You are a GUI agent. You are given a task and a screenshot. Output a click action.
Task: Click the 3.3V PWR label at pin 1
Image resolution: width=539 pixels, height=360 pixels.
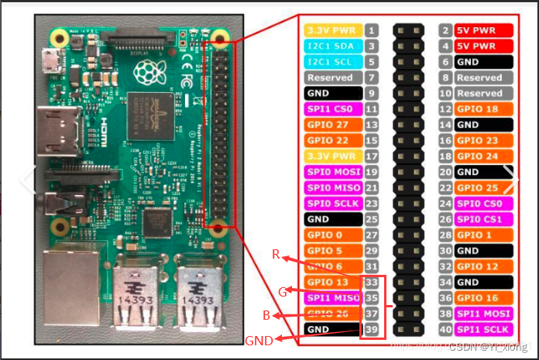(333, 30)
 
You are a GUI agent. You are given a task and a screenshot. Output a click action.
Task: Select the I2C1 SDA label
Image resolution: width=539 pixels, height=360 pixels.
(333, 46)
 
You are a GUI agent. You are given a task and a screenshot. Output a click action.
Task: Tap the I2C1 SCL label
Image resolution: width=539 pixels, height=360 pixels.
(333, 62)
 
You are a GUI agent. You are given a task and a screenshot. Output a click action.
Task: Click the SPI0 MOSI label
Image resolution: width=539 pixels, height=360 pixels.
(333, 172)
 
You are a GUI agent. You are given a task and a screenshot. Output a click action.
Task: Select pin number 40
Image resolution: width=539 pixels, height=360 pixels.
(445, 329)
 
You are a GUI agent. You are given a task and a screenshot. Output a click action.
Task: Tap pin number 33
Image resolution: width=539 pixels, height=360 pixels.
(372, 282)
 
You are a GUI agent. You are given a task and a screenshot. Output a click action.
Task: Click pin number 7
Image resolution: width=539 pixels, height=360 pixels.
(372, 77)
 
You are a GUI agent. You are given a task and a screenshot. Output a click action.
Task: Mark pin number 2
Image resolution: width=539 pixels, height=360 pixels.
(445, 30)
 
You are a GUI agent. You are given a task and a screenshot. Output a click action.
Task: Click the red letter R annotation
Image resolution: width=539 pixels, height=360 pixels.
(276, 254)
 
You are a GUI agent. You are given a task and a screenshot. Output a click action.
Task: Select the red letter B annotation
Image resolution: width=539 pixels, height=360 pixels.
(266, 316)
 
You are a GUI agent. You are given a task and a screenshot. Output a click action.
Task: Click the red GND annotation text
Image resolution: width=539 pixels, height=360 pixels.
(259, 341)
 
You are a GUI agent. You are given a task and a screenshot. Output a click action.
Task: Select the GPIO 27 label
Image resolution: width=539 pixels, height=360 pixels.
(333, 125)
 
